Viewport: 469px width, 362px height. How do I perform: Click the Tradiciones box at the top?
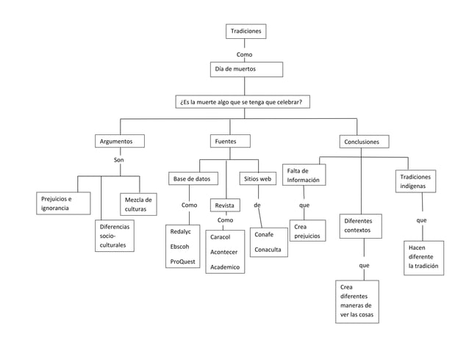(245, 32)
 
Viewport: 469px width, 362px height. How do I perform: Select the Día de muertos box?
(246, 69)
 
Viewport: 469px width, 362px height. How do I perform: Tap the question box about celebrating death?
(243, 102)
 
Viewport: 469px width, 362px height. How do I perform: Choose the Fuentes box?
(231, 141)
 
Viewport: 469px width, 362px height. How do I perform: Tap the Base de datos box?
(192, 178)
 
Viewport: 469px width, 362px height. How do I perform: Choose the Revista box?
(225, 206)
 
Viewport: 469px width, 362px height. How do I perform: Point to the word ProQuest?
(182, 261)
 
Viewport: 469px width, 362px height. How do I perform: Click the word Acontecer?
(223, 253)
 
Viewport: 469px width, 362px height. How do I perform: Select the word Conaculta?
(269, 250)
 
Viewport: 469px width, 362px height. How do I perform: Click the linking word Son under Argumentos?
(118, 159)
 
